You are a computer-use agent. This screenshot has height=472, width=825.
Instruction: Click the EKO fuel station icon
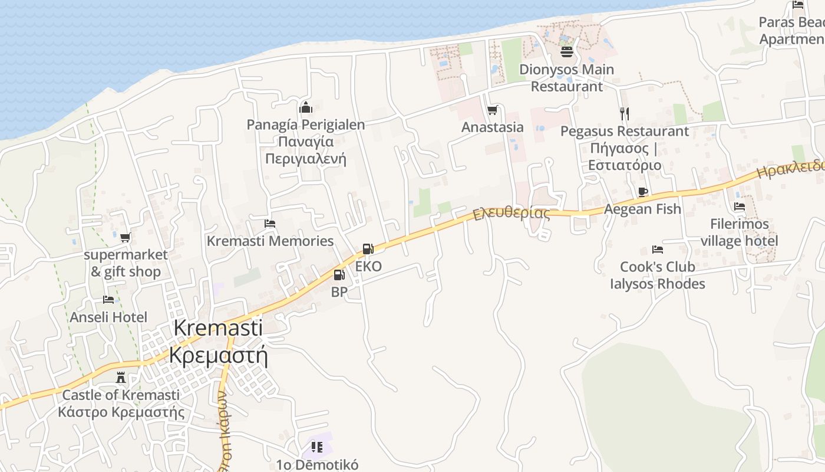pyautogui.click(x=368, y=249)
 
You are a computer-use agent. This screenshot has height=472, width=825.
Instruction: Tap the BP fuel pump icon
pyautogui.click(x=339, y=274)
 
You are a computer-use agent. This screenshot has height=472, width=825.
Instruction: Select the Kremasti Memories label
pyautogui.click(x=270, y=241)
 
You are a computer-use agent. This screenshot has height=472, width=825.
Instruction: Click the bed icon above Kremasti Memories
pyautogui.click(x=270, y=224)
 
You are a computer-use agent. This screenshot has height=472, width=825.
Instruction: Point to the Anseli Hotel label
pyautogui.click(x=108, y=317)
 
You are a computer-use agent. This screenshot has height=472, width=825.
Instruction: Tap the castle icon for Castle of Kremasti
pyautogui.click(x=121, y=378)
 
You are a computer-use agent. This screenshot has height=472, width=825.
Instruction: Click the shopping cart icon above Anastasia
pyautogui.click(x=492, y=110)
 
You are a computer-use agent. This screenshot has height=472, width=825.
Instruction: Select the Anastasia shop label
pyautogui.click(x=492, y=127)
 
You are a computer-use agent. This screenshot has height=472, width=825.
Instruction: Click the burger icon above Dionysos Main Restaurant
pyautogui.click(x=567, y=52)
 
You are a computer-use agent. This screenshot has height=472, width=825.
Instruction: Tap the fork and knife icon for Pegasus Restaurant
pyautogui.click(x=625, y=113)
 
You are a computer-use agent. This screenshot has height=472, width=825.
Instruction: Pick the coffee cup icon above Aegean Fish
pyautogui.click(x=643, y=192)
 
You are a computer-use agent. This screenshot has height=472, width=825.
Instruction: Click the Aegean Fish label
pyautogui.click(x=642, y=209)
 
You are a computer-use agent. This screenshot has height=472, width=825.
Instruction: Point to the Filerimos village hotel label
pyautogui.click(x=740, y=232)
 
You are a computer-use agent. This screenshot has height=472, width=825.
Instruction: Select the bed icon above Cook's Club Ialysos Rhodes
pyautogui.click(x=658, y=250)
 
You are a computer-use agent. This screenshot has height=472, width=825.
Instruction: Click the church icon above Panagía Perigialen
pyautogui.click(x=306, y=107)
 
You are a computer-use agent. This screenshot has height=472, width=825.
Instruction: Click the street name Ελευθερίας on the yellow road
pyautogui.click(x=511, y=212)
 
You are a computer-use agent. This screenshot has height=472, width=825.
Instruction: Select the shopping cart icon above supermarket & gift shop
pyautogui.click(x=125, y=238)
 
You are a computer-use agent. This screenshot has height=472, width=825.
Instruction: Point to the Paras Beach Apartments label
pyautogui.click(x=792, y=31)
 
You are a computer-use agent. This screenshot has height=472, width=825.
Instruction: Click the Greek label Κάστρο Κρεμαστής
pyautogui.click(x=121, y=411)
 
